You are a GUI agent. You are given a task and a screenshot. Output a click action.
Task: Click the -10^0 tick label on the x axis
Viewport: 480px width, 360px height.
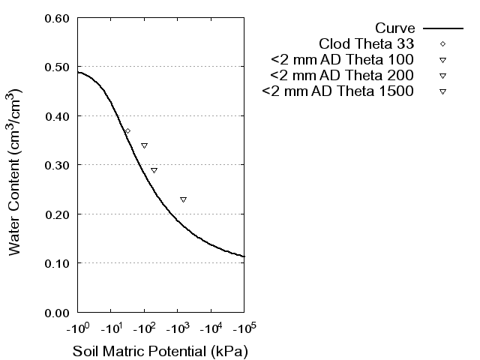(77, 329)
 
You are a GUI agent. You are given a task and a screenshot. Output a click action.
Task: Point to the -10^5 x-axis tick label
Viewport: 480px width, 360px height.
(244, 329)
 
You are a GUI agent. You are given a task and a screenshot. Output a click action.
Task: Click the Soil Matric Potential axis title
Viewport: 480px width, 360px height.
(160, 351)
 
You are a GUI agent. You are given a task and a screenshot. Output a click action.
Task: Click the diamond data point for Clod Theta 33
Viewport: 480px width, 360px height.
(127, 131)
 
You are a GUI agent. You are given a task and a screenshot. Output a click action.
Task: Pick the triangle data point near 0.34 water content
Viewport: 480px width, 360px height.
(144, 145)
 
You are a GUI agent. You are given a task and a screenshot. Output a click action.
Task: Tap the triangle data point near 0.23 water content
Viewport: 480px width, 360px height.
(183, 199)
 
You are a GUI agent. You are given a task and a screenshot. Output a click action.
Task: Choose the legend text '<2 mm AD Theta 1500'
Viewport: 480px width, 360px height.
(337, 92)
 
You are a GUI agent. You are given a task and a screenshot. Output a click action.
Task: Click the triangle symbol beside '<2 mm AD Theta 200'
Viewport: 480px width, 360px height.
(443, 76)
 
